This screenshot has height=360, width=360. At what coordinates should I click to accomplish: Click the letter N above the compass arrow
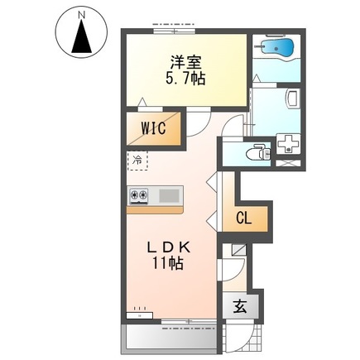[81, 15]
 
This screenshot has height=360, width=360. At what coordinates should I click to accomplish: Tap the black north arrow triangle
[81, 36]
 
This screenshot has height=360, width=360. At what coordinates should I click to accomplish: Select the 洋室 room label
[185, 63]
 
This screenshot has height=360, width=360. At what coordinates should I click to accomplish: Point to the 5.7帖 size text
[185, 79]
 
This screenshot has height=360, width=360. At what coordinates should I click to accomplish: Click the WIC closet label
[154, 128]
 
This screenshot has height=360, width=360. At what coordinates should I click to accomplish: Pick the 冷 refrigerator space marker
[137, 160]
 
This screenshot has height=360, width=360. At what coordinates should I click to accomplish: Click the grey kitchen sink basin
[169, 195]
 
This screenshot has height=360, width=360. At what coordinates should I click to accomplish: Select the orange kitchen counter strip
[155, 210]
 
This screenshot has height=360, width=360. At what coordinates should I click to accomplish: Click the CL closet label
[244, 218]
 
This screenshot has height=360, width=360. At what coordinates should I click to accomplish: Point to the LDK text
[169, 248]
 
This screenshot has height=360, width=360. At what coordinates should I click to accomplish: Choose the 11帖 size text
[167, 263]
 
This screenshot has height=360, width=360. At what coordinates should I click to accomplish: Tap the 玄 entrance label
[240, 306]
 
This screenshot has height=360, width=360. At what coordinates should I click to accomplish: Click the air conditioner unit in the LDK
[139, 315]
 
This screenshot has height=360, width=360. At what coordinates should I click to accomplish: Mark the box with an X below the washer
[289, 163]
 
